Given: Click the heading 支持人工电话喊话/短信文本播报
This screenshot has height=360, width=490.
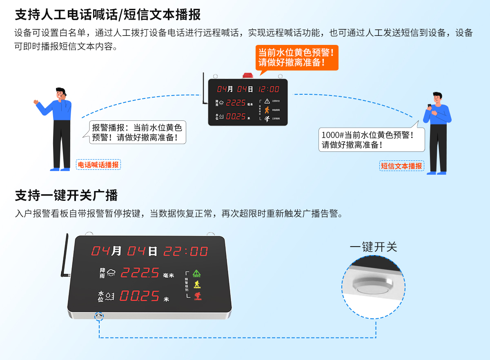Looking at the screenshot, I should pos(108,15).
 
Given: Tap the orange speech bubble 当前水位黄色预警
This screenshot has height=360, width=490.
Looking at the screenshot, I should pos(297,58).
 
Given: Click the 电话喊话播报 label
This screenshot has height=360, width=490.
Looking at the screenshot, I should pos(98,165).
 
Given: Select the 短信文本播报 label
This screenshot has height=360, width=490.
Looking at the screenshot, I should pos(401,166).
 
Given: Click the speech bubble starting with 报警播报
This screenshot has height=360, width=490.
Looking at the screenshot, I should pos(138,132).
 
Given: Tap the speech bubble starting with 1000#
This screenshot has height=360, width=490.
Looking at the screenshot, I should pos(371,140).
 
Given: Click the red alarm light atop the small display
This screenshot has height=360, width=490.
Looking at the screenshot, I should pos(248,76).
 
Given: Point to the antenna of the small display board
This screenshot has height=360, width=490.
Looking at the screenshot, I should pos(203,90).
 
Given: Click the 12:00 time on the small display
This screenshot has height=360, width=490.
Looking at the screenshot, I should pos(269,89).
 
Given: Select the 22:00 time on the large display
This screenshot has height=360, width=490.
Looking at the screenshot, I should pos(186,251).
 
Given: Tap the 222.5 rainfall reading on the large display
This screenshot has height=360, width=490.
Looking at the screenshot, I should pos(140,272).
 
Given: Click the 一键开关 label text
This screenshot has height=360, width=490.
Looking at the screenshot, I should pos(373,247).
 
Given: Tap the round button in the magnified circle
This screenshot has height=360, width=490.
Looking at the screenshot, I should pos(373,289).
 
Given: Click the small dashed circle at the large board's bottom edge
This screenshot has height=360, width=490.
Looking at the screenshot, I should pos(99,316).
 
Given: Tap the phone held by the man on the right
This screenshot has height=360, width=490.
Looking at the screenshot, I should pos(430,106).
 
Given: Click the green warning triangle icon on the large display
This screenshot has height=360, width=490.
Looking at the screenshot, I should pos(197,273).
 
